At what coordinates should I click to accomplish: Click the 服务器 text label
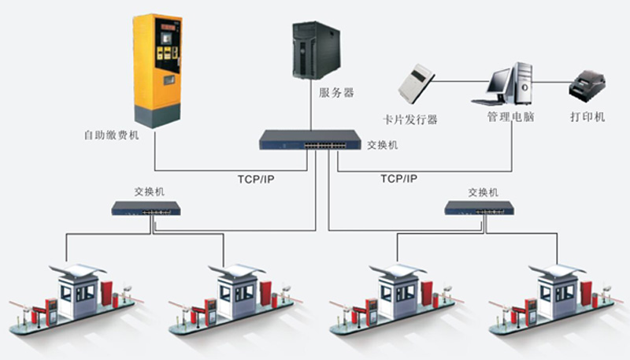(336, 93)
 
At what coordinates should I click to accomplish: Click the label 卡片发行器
(409, 120)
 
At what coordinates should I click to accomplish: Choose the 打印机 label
(587, 117)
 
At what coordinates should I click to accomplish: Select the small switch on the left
(146, 208)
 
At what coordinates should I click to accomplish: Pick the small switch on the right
(480, 208)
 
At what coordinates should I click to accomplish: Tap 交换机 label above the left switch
(150, 191)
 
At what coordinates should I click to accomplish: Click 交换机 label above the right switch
(483, 191)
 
